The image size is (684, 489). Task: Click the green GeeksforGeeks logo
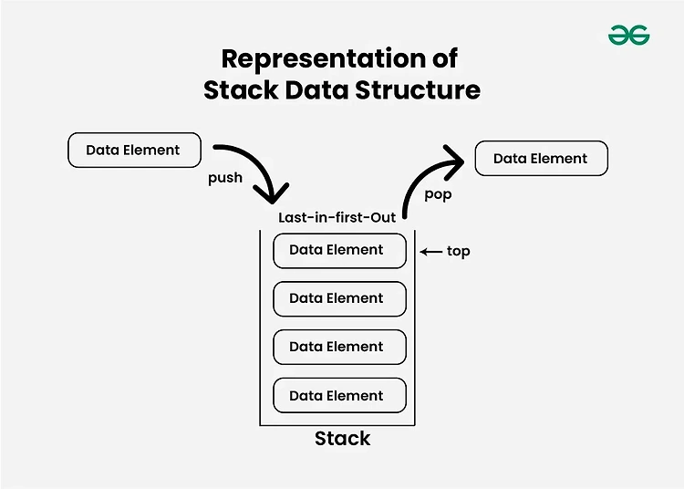click(628, 35)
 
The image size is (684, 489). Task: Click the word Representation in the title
click(324, 59)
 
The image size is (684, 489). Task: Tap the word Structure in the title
click(418, 89)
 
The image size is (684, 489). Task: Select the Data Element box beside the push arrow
click(134, 150)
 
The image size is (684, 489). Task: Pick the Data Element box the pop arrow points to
click(542, 159)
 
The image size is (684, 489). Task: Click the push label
click(225, 178)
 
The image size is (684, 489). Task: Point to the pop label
click(438, 194)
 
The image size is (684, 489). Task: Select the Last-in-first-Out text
click(337, 217)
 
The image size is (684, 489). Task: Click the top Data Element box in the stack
click(339, 251)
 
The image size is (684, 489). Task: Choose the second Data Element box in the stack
click(339, 299)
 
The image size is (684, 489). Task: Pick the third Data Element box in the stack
click(339, 348)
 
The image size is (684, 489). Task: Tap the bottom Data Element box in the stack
click(339, 396)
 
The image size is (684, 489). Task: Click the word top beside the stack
click(459, 252)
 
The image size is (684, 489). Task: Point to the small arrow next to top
click(431, 252)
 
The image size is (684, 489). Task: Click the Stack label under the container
click(342, 439)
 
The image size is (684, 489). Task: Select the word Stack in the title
click(241, 89)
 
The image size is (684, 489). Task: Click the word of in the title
click(445, 59)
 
